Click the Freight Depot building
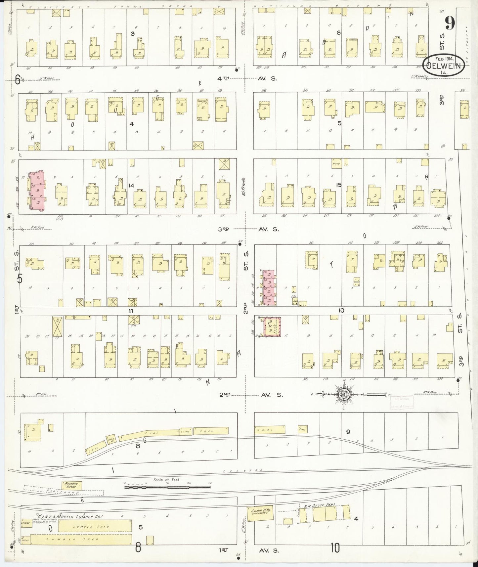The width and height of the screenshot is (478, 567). tap(71, 486)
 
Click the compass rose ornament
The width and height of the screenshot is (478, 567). tap(343, 394)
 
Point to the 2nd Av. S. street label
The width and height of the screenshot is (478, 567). tap(251, 395)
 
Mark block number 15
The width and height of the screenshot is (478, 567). tap(338, 185)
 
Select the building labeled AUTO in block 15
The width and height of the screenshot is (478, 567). tap(336, 163)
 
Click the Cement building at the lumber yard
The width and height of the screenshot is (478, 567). tap(26, 523)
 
